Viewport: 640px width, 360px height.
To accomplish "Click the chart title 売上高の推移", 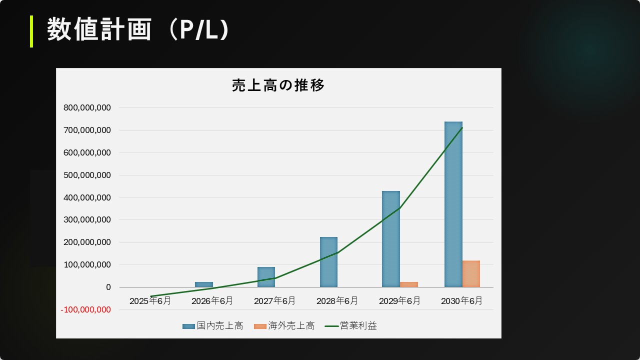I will click(x=278, y=85).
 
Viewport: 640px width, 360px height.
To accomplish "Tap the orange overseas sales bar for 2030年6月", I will click(x=471, y=273).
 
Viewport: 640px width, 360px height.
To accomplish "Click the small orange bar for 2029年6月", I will click(x=408, y=284).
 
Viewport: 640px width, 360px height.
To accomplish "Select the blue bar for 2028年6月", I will click(x=328, y=262).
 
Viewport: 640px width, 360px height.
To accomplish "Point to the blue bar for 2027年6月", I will click(x=266, y=277).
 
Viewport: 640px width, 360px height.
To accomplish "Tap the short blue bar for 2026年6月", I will click(x=203, y=284).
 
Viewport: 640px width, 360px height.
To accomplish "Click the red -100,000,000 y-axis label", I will click(x=85, y=310).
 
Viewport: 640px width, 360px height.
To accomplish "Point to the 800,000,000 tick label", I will click(x=87, y=107).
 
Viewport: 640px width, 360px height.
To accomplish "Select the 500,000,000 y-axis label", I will click(x=87, y=175).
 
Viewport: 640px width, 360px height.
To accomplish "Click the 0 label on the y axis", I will click(x=108, y=287).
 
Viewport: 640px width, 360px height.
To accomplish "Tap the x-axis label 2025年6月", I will click(x=150, y=301).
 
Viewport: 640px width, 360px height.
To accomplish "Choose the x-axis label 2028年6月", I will click(x=337, y=301).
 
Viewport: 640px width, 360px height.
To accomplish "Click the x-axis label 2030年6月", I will click(x=462, y=301).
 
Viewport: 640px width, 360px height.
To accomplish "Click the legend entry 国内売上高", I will click(x=219, y=326).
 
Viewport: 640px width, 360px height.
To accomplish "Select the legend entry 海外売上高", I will click(x=291, y=326).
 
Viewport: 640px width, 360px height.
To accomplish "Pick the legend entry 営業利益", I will click(x=358, y=326).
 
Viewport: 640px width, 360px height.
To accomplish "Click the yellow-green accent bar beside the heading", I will click(x=31, y=31).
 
